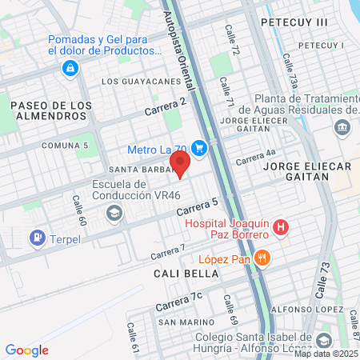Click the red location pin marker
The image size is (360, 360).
pyautogui.click(x=179, y=162)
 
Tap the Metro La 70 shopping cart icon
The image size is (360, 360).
pyautogui.click(x=200, y=148)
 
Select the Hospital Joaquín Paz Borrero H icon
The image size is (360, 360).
pyautogui.click(x=280, y=227)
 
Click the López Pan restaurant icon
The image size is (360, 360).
pyautogui.click(x=263, y=257)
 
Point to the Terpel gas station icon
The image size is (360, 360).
pyautogui.click(x=37, y=237)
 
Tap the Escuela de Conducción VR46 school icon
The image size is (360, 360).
pyautogui.click(x=114, y=212)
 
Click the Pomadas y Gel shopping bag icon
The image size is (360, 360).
pyautogui.click(x=72, y=68)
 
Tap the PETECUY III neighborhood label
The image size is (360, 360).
pyautogui.click(x=294, y=23)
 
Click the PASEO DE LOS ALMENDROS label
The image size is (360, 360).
pyautogui.click(x=47, y=110)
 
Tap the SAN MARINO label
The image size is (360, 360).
pyautogui.click(x=185, y=322)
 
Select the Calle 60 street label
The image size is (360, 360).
pyautogui.click(x=78, y=209)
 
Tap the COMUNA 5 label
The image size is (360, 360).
pyautogui.click(x=65, y=145)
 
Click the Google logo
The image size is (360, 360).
pyautogui.click(x=27, y=350)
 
